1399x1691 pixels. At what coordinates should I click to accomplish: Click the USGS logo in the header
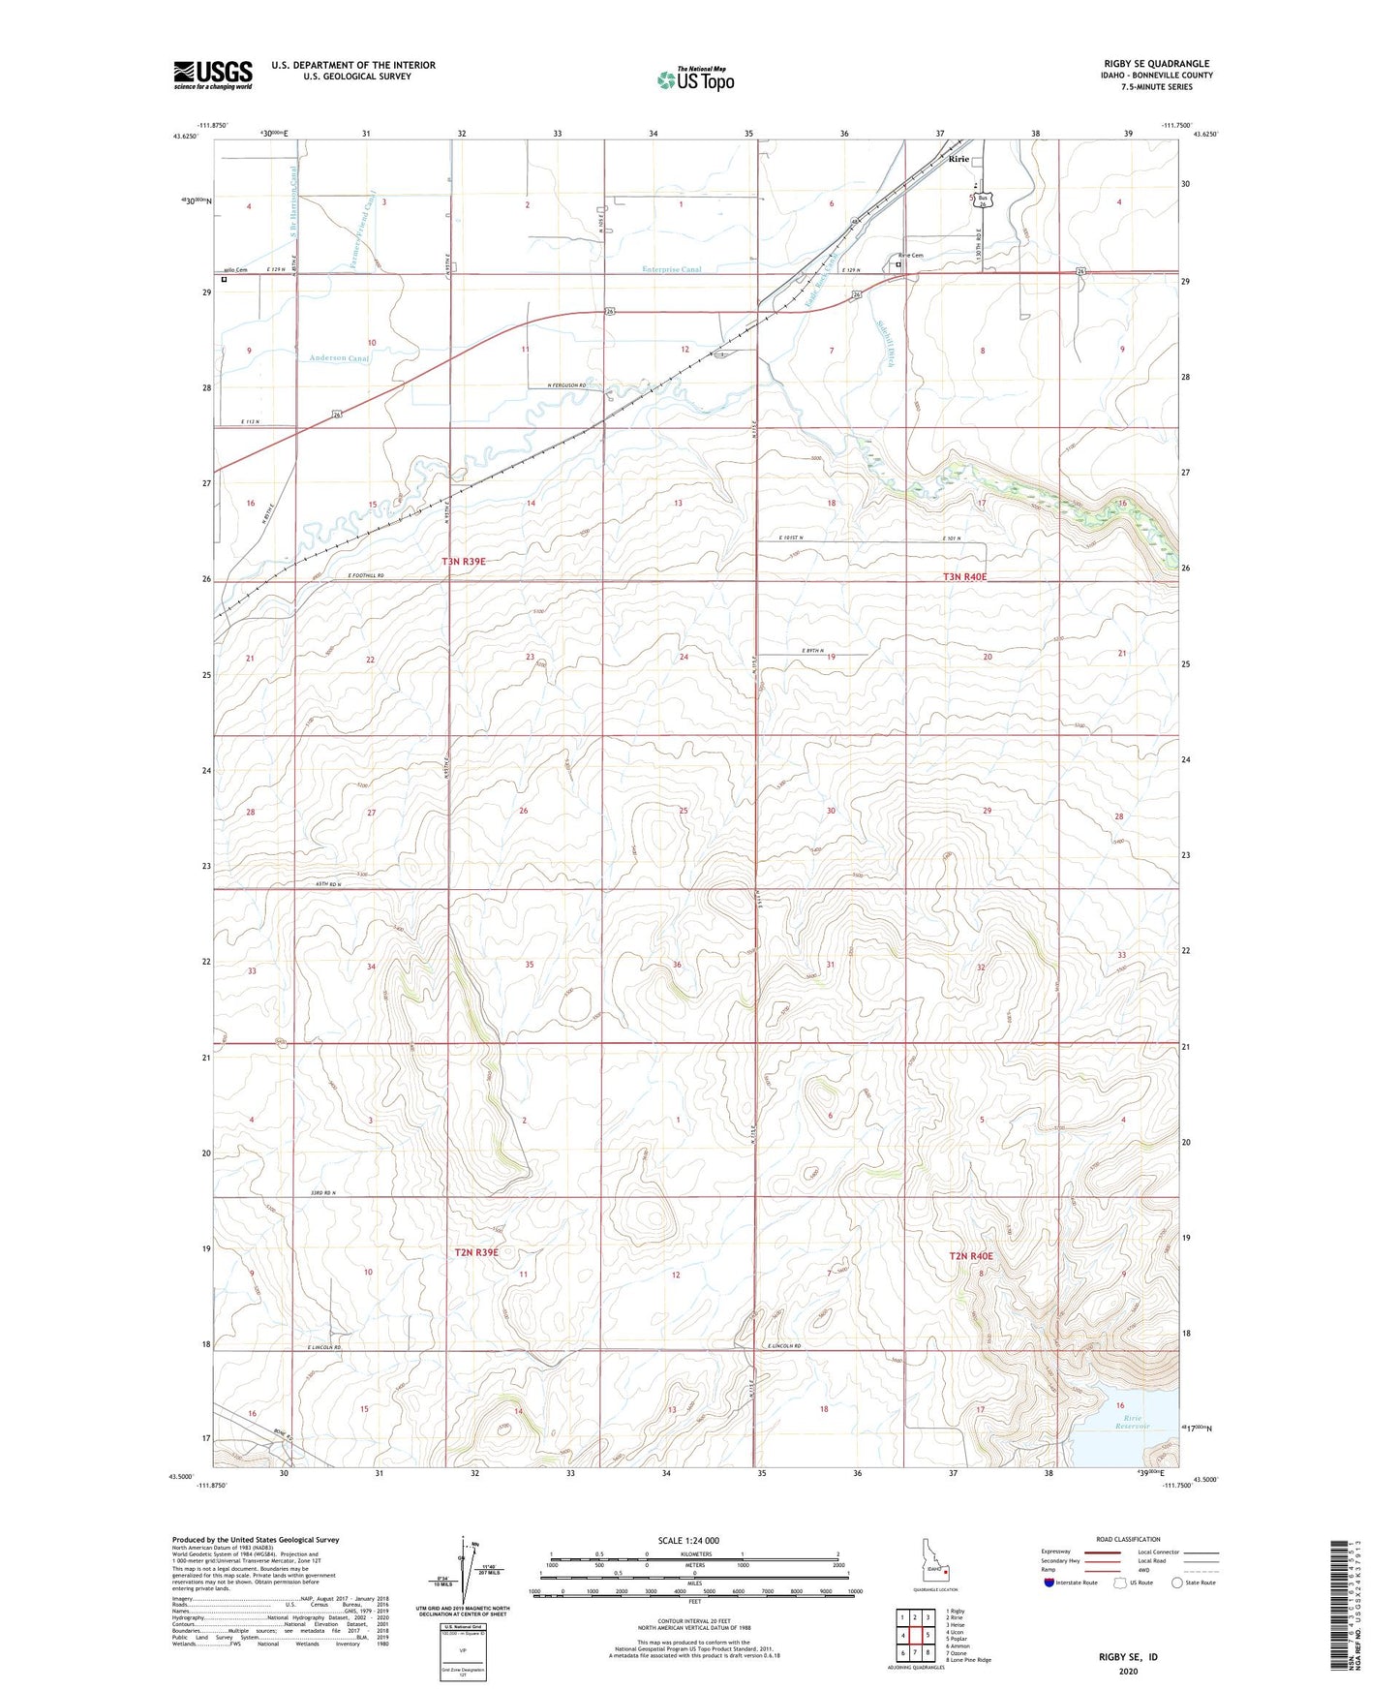213,75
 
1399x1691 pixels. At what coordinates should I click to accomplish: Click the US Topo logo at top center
695,78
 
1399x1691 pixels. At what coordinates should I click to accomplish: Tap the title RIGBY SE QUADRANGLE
1149,64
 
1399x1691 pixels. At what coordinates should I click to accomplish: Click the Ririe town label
958,159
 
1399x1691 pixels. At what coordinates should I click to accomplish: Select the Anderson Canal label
339,358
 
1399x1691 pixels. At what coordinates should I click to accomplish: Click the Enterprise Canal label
670,269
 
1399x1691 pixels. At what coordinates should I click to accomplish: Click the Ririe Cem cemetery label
910,256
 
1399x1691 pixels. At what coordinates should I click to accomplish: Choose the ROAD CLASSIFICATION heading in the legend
1128,1539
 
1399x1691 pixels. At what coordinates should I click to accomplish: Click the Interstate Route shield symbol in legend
1049,1583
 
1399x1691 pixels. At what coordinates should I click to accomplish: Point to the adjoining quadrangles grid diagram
914,1636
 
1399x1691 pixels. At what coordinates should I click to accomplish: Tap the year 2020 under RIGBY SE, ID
1127,1671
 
